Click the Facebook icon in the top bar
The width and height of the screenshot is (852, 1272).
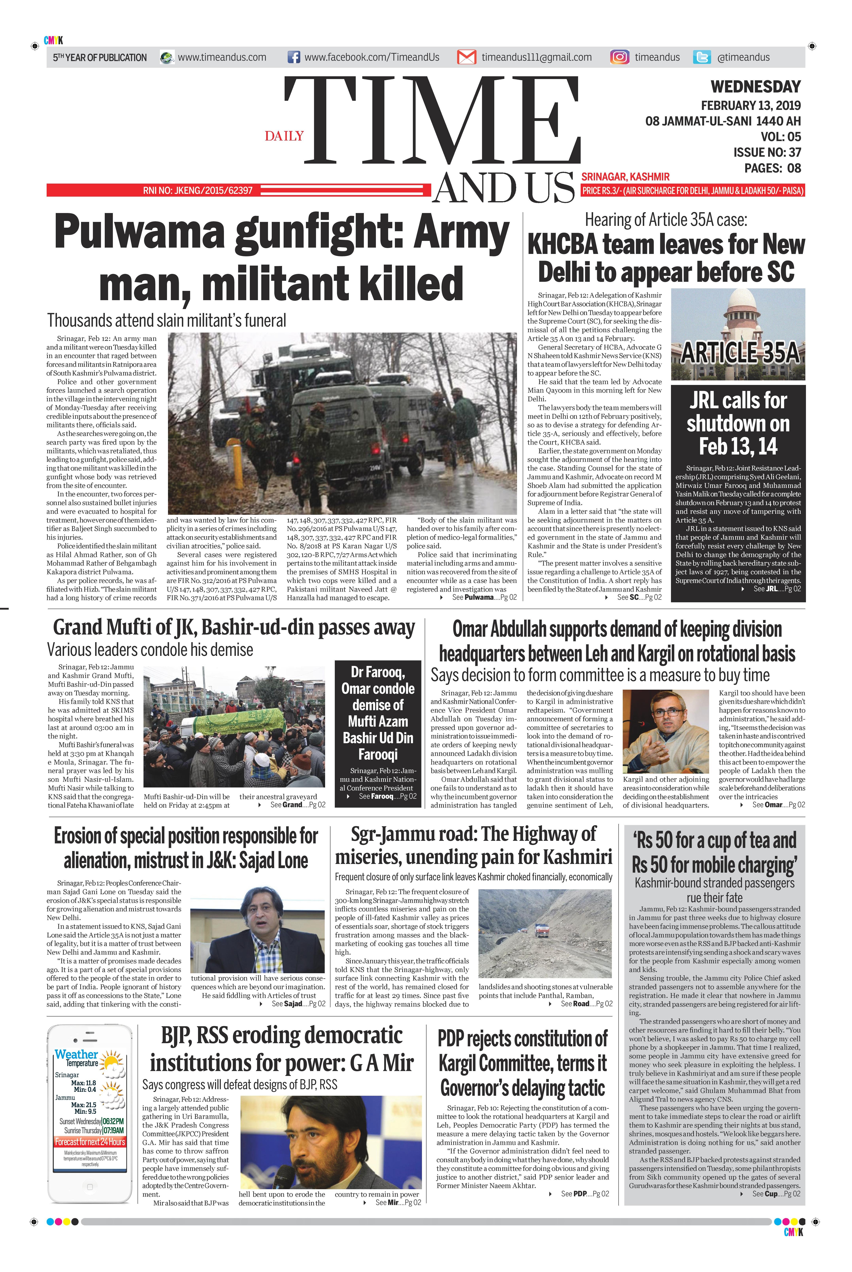pos(293,57)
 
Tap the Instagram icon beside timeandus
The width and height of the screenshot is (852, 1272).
pos(619,57)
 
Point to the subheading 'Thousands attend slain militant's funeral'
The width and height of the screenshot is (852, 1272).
pos(166,321)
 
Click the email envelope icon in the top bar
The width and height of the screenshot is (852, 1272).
pos(466,57)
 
